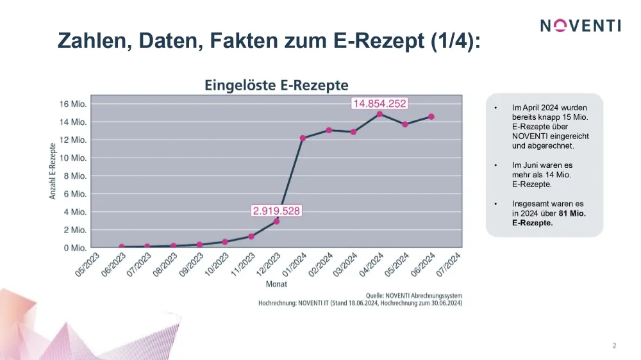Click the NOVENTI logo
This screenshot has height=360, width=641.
pos(580,26)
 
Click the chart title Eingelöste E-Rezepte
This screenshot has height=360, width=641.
pos(276,85)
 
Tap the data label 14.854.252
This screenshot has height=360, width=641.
pos(379,104)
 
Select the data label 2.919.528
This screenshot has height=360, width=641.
pos(276,211)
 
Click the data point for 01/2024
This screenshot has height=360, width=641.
pos(303,138)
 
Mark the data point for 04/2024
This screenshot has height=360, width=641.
pos(379,114)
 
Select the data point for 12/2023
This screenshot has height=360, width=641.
pos(277,221)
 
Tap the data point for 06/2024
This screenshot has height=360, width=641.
pos(431,117)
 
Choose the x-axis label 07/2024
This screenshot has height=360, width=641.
pos(449,265)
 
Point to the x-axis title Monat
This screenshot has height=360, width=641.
pos(276,284)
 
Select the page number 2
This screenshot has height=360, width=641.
pos(614,346)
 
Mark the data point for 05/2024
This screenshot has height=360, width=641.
pos(405,124)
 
